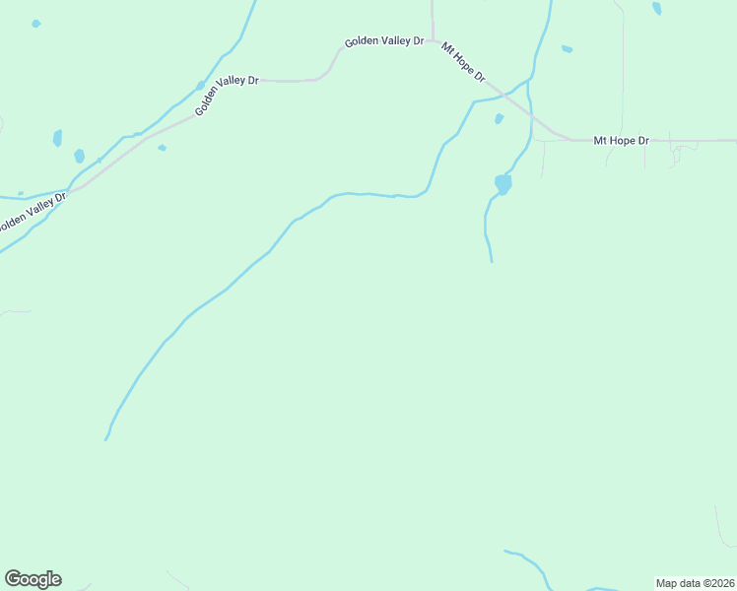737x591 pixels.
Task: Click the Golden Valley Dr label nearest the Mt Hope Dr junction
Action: tap(383, 41)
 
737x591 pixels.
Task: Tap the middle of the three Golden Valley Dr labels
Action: tap(226, 95)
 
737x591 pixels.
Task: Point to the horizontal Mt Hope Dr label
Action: tap(621, 141)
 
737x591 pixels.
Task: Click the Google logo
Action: tap(33, 578)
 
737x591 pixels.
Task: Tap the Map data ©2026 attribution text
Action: tap(695, 583)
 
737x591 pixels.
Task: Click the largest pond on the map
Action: tap(502, 184)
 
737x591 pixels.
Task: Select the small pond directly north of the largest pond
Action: tap(499, 119)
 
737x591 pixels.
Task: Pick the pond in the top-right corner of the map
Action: tap(657, 9)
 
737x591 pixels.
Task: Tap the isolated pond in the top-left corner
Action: tap(36, 23)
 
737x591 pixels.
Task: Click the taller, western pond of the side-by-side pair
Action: tap(57, 138)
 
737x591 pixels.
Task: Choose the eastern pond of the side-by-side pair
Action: tap(79, 156)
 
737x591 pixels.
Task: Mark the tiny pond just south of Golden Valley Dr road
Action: tap(162, 148)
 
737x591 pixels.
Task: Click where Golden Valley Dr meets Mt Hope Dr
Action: tap(433, 40)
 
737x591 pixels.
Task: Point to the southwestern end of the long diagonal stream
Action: tap(106, 438)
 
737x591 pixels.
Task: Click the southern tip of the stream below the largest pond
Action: tap(492, 261)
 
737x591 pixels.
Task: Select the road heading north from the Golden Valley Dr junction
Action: tap(433, 15)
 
